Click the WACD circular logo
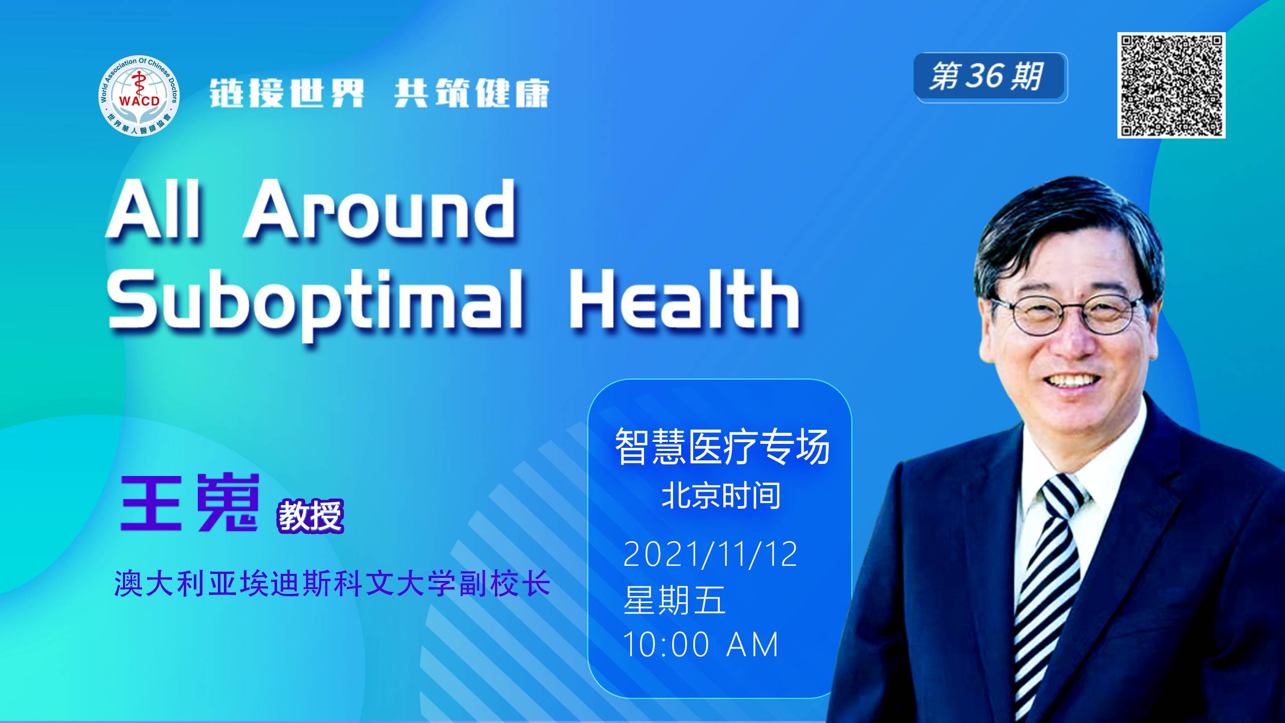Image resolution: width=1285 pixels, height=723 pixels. [x=139, y=96]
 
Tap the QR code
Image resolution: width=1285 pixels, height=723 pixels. [x=1172, y=85]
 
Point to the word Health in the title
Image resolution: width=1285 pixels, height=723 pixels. [x=684, y=299]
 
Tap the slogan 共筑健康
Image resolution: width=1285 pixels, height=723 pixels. [x=472, y=93]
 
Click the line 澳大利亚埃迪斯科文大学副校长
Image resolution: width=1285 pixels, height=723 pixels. [x=333, y=583]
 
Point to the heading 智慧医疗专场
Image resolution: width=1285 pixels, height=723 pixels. [x=722, y=446]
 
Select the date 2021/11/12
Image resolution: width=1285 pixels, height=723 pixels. [x=710, y=554]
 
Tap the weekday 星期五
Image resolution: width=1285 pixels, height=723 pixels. [x=674, y=600]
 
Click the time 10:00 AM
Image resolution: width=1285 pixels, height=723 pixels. [x=700, y=644]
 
